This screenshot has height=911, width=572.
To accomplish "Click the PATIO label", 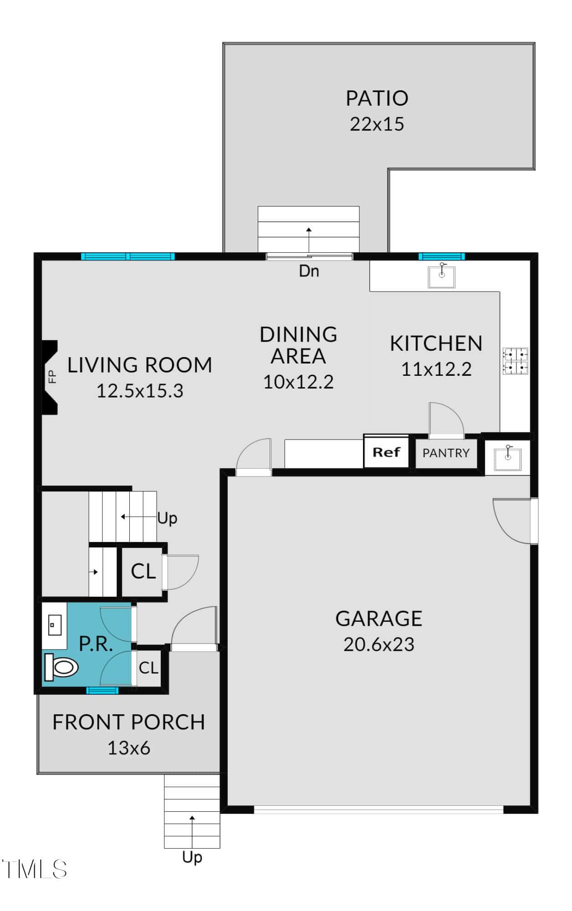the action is point(377,98).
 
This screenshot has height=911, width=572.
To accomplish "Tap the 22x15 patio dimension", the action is point(377,124).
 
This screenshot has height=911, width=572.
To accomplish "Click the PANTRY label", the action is point(446,453).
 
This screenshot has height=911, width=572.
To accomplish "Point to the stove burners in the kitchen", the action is point(516,361).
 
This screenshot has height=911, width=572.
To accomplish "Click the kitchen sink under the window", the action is point(441,276).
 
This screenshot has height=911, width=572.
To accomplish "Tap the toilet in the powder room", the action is point(61,668).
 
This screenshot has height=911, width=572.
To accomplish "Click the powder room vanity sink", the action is point(55,624).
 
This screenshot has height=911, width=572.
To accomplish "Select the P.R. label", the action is point(96,644).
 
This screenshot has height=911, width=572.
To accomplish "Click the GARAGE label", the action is point(379,619).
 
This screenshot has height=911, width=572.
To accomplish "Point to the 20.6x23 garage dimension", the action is point(379,645).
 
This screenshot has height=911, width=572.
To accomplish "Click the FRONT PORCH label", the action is point(129,722).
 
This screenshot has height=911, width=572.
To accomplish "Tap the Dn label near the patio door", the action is point(309,271).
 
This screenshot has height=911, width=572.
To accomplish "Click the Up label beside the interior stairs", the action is point(167,519).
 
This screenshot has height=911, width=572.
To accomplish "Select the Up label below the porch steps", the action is point(192,858).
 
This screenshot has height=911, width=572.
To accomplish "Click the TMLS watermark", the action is point(35,870).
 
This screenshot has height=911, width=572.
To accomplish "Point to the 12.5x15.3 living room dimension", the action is point(140,391).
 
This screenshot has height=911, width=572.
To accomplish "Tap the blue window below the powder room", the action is point(102,691).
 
